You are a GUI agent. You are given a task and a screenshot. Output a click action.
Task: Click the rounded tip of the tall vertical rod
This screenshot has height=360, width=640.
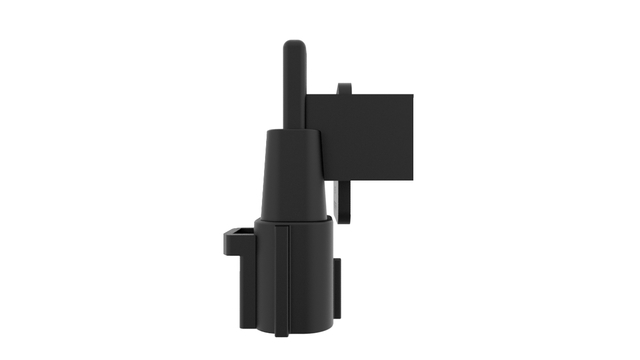point(294,46)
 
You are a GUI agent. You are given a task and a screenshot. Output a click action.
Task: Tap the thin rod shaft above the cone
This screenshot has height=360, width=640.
point(294,90)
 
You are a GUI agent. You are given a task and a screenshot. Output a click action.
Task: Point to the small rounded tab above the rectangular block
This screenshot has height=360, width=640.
point(345,89)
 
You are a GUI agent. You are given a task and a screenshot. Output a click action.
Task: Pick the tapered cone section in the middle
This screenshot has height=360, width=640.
point(293,175)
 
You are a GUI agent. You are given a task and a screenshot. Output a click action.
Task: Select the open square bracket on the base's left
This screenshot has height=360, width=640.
point(238,240)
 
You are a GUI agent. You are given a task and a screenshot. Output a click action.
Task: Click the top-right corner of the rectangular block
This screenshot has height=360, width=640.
point(412,96)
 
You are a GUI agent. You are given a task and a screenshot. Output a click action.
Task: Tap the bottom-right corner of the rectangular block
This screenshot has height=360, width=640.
point(412,180)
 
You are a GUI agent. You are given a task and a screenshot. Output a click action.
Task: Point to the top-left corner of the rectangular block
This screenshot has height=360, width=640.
point(307,96)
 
